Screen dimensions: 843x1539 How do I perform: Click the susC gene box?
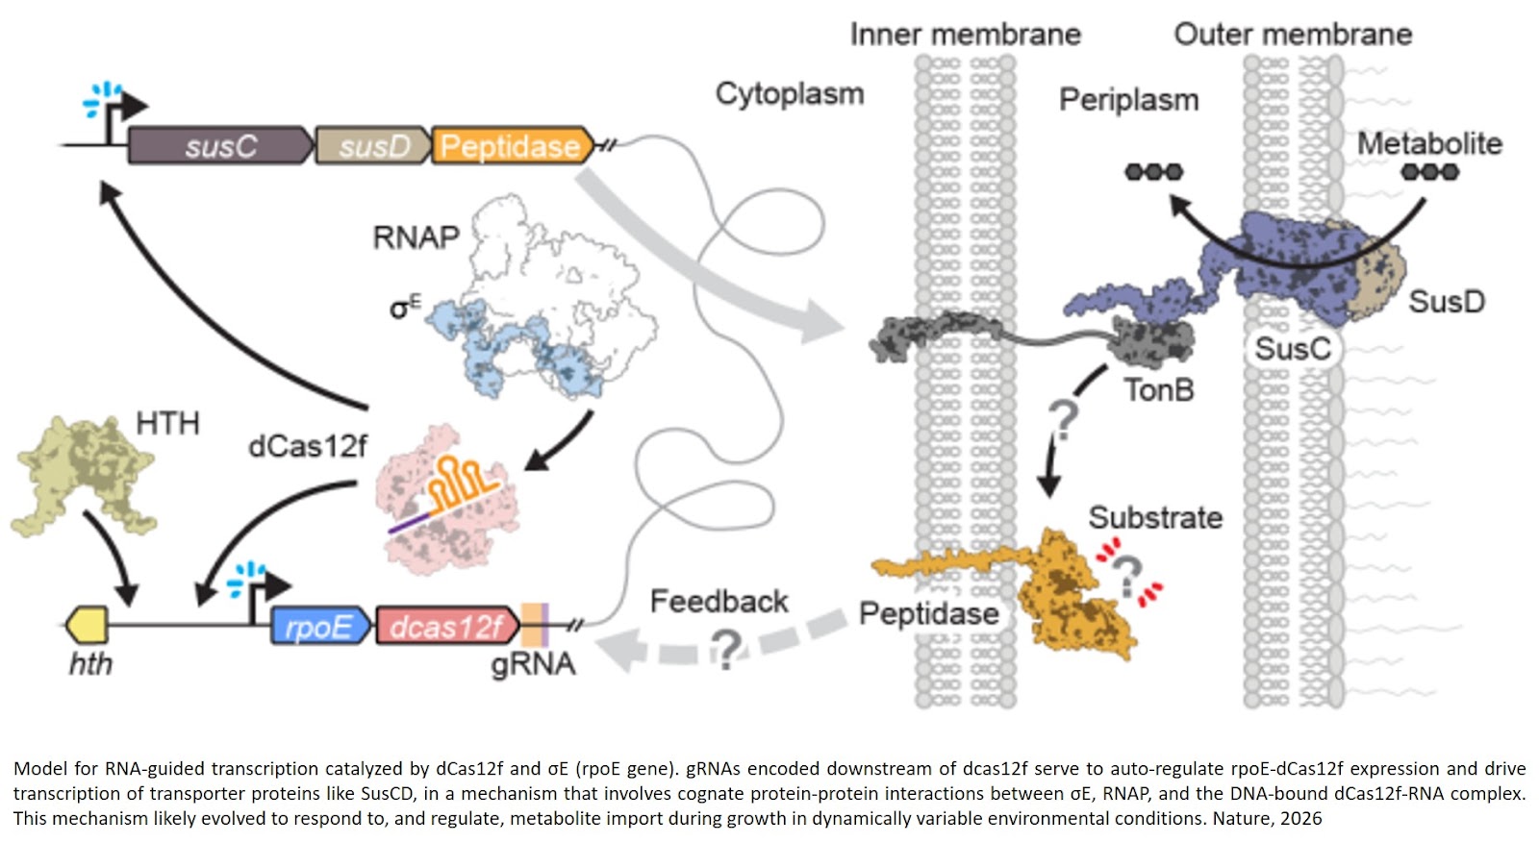(x=220, y=146)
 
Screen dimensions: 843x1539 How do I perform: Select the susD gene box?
(x=372, y=146)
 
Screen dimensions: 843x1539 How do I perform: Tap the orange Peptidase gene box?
(x=510, y=146)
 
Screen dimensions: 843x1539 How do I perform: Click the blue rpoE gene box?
(x=319, y=627)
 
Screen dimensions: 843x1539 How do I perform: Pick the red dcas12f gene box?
(x=445, y=627)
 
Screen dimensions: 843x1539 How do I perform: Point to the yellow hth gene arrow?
(x=88, y=626)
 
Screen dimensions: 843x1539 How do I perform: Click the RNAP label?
(x=416, y=237)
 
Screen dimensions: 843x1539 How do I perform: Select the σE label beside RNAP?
(x=404, y=308)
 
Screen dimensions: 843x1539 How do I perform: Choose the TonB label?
(x=1158, y=390)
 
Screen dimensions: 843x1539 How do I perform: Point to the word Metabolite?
(x=1428, y=144)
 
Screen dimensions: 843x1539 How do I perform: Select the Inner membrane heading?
(x=965, y=35)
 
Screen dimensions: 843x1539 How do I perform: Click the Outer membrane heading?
(x=1292, y=35)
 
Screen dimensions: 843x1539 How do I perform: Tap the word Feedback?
(x=719, y=602)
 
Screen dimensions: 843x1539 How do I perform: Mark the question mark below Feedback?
(x=727, y=650)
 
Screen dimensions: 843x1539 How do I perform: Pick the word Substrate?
(x=1154, y=518)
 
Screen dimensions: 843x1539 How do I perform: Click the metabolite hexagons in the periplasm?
(x=1153, y=172)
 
